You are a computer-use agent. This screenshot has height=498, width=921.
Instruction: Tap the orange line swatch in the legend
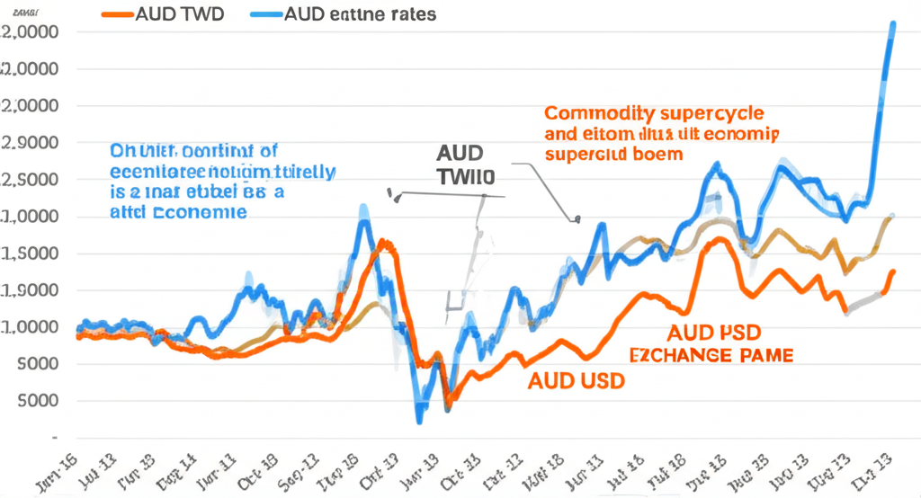click(x=114, y=14)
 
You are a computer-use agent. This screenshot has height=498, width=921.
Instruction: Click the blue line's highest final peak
click(x=892, y=24)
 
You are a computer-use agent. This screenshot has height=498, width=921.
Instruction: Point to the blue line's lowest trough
click(x=419, y=419)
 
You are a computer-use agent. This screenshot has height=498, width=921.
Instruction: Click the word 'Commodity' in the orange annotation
click(x=596, y=115)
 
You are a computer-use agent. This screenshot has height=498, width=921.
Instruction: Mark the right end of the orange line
click(x=893, y=271)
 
